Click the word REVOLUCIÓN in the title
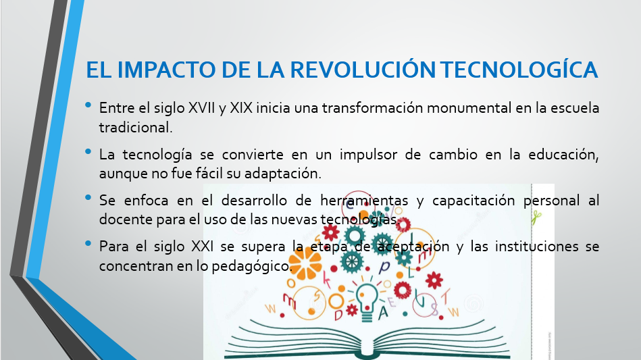tap(363, 69)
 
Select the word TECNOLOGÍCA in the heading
tap(519, 69)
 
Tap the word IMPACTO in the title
tap(168, 70)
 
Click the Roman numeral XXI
tap(203, 247)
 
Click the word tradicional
tap(136, 127)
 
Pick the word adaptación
tap(283, 174)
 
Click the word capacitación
tap(473, 200)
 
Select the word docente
tap(126, 220)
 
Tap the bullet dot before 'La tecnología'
tap(88, 151)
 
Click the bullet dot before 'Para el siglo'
tap(88, 244)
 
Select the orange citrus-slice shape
tap(305, 263)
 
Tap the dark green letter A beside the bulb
tap(383, 312)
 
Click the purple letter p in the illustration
tap(384, 267)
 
